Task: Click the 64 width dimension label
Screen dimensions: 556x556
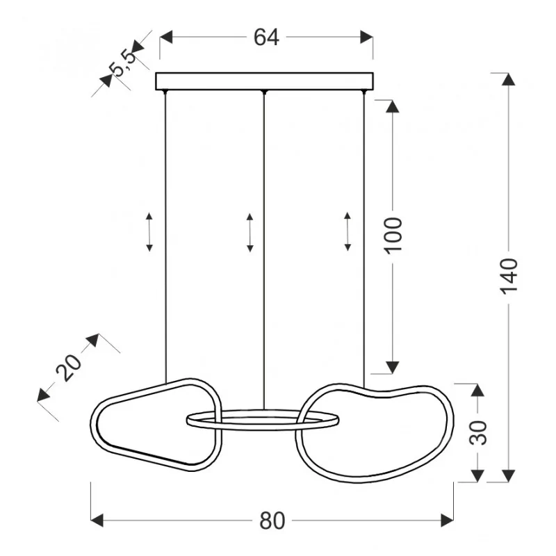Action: coord(266,38)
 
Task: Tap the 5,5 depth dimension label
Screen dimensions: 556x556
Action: coord(123,63)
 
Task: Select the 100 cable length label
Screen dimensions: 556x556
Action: coord(393,236)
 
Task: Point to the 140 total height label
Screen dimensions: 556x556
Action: coord(509,276)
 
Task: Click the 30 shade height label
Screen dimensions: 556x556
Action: coord(478,432)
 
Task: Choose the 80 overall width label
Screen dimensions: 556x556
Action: coord(272,521)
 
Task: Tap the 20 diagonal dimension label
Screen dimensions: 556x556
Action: coord(68,368)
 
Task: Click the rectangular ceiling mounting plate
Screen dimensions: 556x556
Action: coord(265,81)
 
